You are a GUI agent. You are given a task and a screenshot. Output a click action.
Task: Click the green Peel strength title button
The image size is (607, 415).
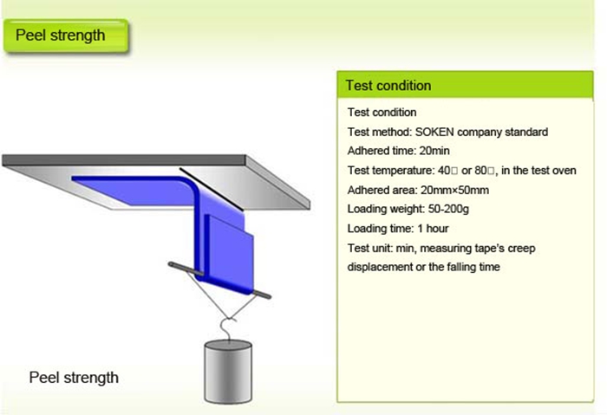coord(66,36)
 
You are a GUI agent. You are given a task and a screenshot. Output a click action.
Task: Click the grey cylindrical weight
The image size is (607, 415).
coord(227,367)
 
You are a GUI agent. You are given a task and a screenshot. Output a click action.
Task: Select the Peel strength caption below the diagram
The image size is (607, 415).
coord(74,378)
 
